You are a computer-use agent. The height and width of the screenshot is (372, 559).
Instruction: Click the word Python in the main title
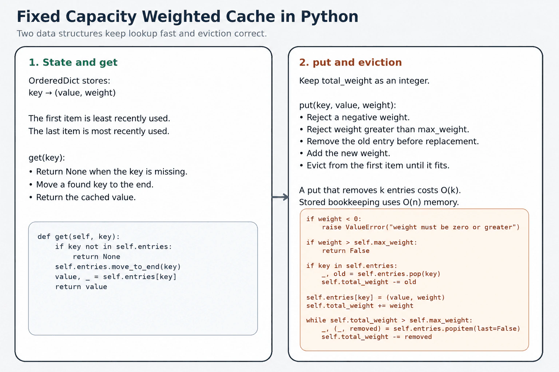pos(329,17)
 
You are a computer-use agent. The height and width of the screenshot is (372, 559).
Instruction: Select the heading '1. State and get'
pos(73,62)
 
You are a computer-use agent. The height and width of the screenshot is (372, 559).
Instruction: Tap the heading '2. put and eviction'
pos(350,62)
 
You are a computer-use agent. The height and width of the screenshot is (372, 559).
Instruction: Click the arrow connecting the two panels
pos(280,197)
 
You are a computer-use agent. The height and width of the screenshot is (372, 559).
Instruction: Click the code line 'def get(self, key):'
pos(79,236)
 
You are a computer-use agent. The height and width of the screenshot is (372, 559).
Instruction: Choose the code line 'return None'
pos(96,256)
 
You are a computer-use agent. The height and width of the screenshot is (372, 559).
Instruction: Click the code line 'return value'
pos(81,287)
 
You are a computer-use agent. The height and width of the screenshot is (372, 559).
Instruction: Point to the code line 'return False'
pos(346,251)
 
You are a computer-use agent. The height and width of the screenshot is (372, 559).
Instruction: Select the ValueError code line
pos(421,227)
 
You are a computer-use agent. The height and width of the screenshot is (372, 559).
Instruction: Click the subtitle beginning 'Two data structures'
pos(142,33)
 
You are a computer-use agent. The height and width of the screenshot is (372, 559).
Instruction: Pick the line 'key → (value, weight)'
pos(72,93)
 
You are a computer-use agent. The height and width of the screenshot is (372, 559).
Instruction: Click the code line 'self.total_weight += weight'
pos(360,306)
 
